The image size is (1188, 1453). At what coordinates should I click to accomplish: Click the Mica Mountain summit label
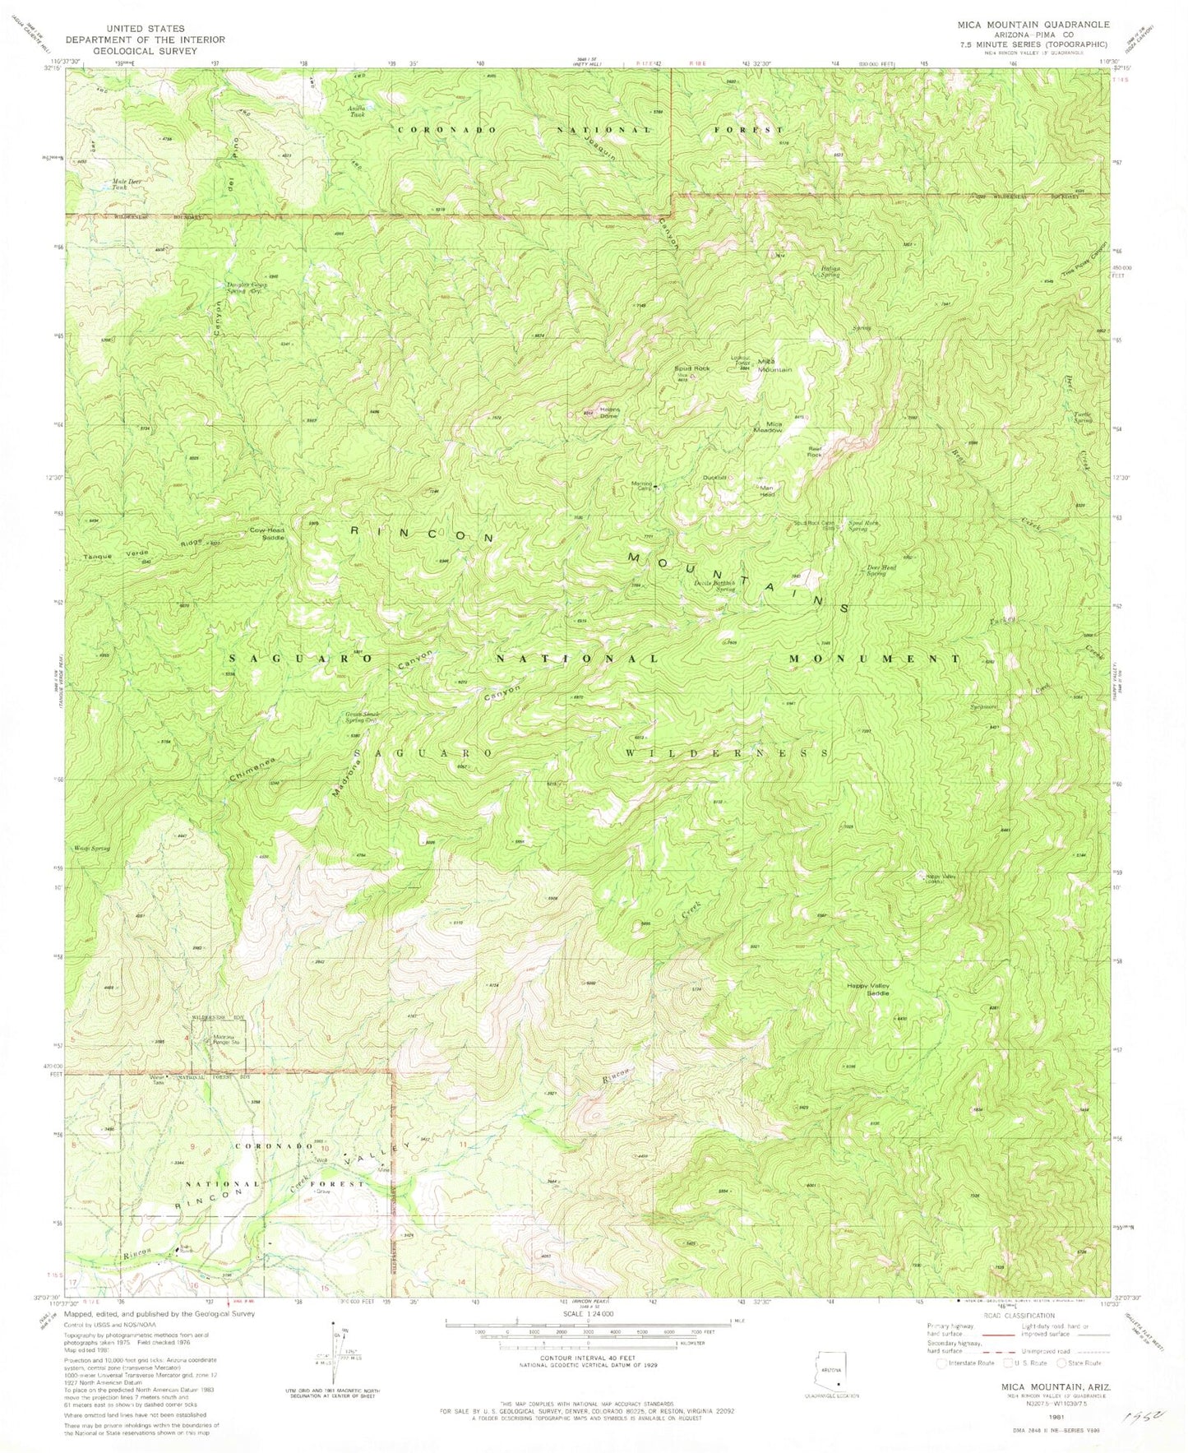774,365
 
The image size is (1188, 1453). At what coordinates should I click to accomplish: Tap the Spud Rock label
691,368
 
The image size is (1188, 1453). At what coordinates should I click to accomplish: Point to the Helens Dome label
608,413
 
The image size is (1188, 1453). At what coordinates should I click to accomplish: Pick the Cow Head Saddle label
267,533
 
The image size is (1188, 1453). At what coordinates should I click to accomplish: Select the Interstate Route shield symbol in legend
944,1363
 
